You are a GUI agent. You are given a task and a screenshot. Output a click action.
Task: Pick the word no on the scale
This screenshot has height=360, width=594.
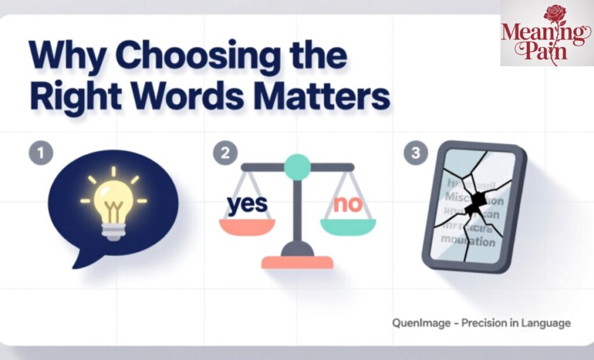coord(346,204)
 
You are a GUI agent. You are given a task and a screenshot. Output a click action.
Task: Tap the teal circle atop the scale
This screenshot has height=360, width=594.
coord(298,167)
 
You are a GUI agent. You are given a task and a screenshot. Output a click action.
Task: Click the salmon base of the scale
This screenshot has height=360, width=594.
coord(297,262)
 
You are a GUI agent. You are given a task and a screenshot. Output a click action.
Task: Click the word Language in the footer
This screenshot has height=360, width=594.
coord(545,323)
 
